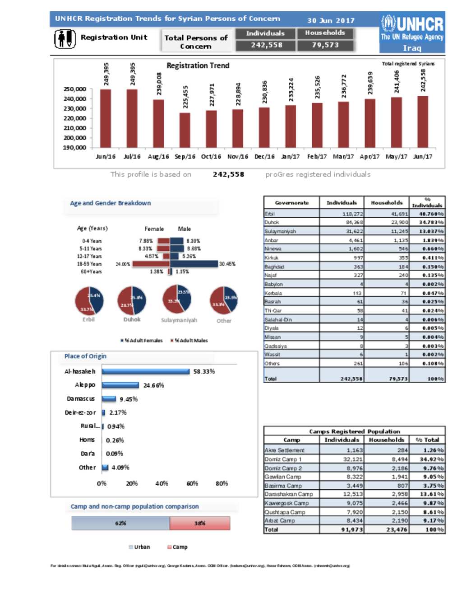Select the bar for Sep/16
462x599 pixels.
185,130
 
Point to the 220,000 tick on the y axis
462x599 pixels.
75,118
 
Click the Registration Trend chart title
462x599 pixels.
198,66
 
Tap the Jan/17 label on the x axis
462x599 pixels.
291,157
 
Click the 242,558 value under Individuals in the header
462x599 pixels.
266,45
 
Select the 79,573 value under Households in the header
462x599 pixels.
325,45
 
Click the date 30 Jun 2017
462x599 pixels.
331,20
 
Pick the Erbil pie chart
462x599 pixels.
89,300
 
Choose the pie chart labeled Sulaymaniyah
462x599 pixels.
177,299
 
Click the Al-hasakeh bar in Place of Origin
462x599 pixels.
146,371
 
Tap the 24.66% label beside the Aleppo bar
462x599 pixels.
154,385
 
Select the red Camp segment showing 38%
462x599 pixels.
200,523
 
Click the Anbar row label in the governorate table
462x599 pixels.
272,240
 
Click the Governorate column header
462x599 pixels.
291,203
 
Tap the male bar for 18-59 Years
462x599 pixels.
194,264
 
